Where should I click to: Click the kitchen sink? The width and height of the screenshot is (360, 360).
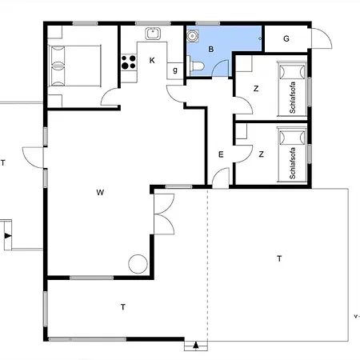(153, 34)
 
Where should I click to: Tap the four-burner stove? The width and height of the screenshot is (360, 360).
(129, 62)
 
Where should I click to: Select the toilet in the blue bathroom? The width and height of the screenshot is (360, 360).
(195, 66)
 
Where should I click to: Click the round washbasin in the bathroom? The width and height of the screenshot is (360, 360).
(192, 36)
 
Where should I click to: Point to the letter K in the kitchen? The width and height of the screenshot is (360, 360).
(152, 61)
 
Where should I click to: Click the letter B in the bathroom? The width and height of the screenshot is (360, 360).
(211, 49)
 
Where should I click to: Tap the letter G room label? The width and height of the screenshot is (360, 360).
(286, 38)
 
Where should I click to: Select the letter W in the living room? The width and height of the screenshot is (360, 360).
(100, 192)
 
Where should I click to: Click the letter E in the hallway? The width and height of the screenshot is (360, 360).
(221, 154)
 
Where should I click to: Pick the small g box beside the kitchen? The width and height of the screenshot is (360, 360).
(175, 70)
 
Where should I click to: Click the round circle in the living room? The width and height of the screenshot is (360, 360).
(138, 264)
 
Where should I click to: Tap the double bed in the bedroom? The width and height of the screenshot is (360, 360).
(74, 66)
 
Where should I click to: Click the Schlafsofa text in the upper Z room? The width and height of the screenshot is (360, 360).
(293, 98)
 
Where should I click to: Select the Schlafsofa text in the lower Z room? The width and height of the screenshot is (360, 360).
(293, 163)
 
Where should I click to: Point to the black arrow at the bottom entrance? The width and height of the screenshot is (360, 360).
(196, 345)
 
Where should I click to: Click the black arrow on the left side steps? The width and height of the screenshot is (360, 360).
(8, 236)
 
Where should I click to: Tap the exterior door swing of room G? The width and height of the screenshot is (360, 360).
(322, 38)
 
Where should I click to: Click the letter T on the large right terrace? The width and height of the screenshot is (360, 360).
(279, 258)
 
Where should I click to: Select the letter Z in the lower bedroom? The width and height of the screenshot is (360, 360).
(262, 154)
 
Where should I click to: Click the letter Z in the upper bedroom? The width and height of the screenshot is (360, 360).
(256, 89)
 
